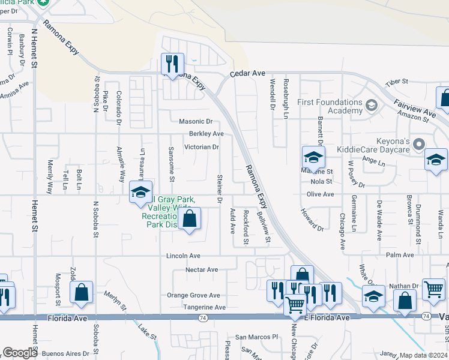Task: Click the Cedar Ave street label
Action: coord(247,73)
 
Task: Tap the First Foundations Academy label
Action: coord(330,106)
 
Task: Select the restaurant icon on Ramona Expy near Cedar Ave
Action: coord(173,64)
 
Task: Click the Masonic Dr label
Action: coord(196,121)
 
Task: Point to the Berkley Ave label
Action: coord(206,134)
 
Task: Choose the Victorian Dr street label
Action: coord(201,146)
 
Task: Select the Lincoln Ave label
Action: coord(183,256)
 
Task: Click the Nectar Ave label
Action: coord(202,269)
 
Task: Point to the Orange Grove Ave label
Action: coord(193,295)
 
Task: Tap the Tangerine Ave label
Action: coord(204,307)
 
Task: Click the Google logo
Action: coord(20,353)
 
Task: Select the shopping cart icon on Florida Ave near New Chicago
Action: coord(295,305)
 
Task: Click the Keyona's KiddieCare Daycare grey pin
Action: coord(419,144)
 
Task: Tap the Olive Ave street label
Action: coord(320,194)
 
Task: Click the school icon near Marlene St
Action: coord(313,158)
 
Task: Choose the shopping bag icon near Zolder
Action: coord(81,293)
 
